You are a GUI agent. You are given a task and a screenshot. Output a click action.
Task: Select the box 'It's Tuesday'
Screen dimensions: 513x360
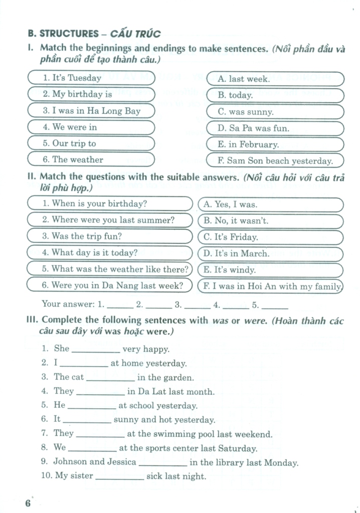tap(91, 78)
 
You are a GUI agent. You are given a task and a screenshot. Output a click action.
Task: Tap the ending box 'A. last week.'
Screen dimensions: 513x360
tap(275, 79)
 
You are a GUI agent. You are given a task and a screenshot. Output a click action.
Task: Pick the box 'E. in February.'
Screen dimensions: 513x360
tap(275, 144)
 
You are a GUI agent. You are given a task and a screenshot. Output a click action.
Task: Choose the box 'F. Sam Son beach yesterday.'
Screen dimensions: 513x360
tap(275, 161)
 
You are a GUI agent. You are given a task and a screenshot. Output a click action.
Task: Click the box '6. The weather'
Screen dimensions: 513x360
tap(91, 160)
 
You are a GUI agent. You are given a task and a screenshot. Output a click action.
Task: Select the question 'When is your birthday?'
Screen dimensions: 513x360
tap(109, 204)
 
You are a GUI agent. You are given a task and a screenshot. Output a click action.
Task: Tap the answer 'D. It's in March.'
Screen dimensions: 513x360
tap(271, 253)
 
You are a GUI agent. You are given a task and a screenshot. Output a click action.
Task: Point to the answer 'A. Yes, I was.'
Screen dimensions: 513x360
tap(271, 204)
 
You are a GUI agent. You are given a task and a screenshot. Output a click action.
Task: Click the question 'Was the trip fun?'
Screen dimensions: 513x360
tap(109, 236)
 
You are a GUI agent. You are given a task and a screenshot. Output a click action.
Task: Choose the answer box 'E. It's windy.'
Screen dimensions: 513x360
tap(271, 270)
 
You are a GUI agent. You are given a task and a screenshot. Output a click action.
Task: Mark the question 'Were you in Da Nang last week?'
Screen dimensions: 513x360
tap(109, 286)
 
